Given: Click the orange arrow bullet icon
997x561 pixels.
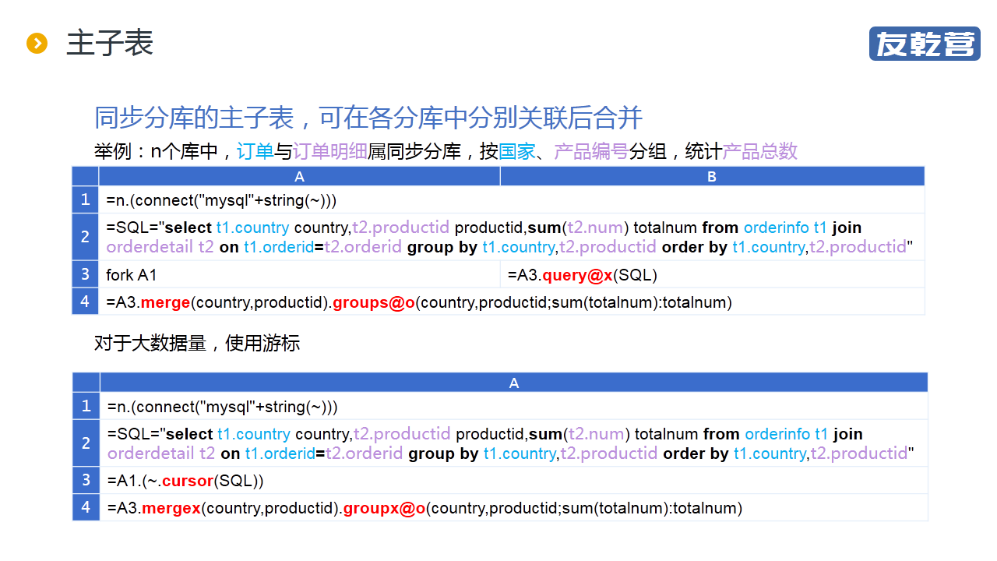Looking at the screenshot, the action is pos(37,43).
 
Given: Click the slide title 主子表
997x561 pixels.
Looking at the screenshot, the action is pos(110,43).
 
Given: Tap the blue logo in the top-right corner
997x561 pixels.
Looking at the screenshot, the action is pos(925,44).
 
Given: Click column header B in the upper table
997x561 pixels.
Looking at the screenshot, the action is pos(712,177).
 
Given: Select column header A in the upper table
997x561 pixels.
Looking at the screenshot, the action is pos(300,177).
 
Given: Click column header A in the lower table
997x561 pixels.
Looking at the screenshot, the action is pos(514,383).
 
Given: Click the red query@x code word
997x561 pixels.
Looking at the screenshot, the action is pos(577,275).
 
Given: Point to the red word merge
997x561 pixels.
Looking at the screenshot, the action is pos(166,303).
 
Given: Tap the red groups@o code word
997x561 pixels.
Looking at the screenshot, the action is pos(374,303).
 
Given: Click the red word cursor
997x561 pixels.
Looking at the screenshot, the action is pos(188,481).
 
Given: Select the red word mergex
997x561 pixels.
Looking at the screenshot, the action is pos(171,509).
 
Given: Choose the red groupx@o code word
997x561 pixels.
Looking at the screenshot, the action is pos(385,509).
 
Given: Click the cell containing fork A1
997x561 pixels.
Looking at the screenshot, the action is pos(300,275).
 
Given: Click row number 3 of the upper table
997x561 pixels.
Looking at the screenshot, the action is pos(85,274).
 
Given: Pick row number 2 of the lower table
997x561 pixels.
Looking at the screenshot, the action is pos(86,443).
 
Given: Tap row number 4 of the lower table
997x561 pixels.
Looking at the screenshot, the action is pos(86,507).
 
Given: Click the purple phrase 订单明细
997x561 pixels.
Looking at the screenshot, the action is pos(330,151).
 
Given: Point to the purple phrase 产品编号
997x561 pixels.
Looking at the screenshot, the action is pos(591,151).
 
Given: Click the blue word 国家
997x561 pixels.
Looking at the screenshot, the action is pos(516,151).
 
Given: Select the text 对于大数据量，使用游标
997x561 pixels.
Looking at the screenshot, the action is pos(197,344).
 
